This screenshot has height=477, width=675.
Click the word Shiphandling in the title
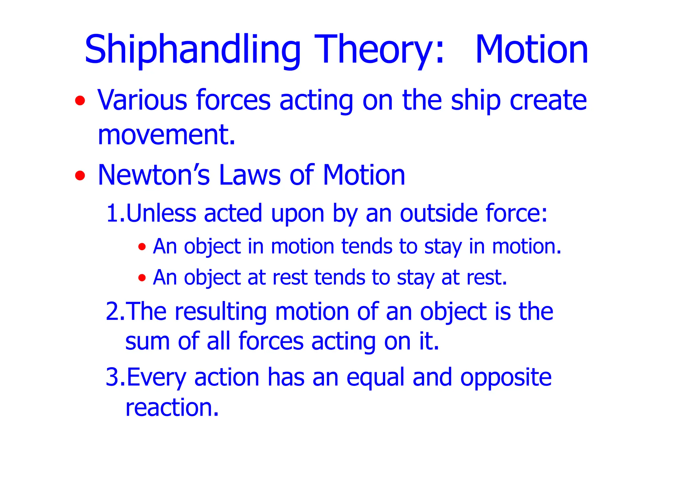tap(192, 50)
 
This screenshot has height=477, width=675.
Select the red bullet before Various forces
tap(80, 100)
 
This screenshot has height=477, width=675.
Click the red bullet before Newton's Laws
tap(80, 175)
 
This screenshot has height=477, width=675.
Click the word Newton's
tap(154, 175)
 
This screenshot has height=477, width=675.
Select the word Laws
tap(249, 175)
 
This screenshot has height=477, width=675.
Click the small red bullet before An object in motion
tap(142, 247)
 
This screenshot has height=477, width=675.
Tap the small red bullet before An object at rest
tap(142, 278)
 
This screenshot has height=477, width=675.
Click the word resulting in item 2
tap(220, 312)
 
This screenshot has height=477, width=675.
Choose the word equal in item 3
tap(375, 378)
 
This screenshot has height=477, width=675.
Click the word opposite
tap(506, 378)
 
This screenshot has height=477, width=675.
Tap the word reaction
tap(172, 408)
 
